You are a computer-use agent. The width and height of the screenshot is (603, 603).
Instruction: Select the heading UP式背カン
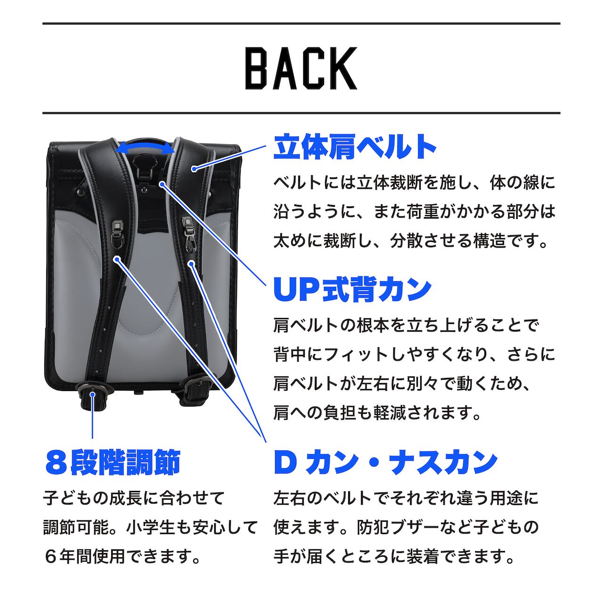coord(352,289)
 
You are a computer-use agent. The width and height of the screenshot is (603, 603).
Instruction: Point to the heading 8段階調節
coord(113,463)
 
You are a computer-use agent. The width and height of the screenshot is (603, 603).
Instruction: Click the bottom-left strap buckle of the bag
coord(93,394)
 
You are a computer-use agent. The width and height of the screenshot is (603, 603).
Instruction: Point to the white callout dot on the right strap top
coord(194,169)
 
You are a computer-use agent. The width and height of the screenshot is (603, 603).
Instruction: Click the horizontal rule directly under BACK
coord(301,113)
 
